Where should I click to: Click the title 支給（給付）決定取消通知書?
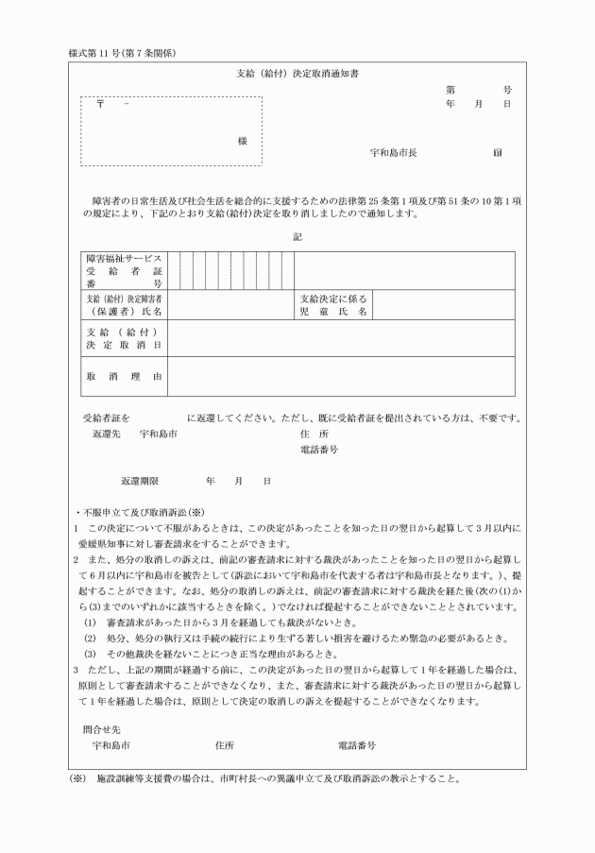tap(297, 73)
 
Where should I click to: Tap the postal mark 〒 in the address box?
tap(100, 103)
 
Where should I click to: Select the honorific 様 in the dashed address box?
tap(243, 140)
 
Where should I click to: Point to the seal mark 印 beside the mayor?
tap(498, 152)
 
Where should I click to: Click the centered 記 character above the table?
tap(297, 236)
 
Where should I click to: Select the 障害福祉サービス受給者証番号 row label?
tap(125, 270)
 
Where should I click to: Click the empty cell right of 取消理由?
tap(340, 376)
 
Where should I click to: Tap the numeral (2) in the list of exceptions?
tap(91, 614)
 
